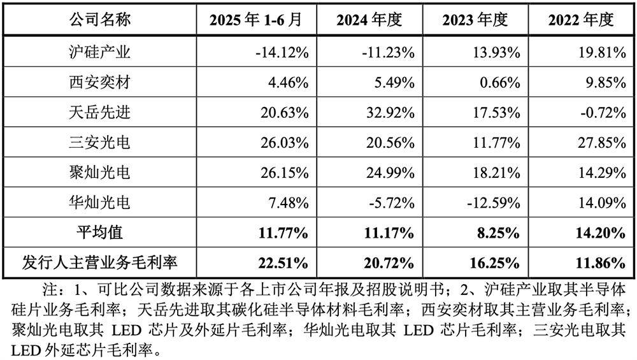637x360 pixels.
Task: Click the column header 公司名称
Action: (99, 20)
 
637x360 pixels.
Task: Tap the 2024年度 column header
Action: (369, 20)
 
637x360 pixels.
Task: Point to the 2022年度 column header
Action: (580, 20)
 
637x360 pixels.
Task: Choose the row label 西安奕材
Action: (99, 82)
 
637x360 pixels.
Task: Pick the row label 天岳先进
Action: (99, 112)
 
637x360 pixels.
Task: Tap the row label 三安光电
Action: (99, 142)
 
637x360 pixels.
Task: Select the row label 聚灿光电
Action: (99, 172)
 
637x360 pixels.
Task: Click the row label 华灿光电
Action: (99, 202)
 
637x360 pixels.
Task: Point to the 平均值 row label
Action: (99, 233)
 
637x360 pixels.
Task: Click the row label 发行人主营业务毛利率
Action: (99, 262)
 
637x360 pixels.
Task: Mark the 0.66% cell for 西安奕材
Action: (499, 82)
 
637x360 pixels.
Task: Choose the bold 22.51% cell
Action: (282, 262)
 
